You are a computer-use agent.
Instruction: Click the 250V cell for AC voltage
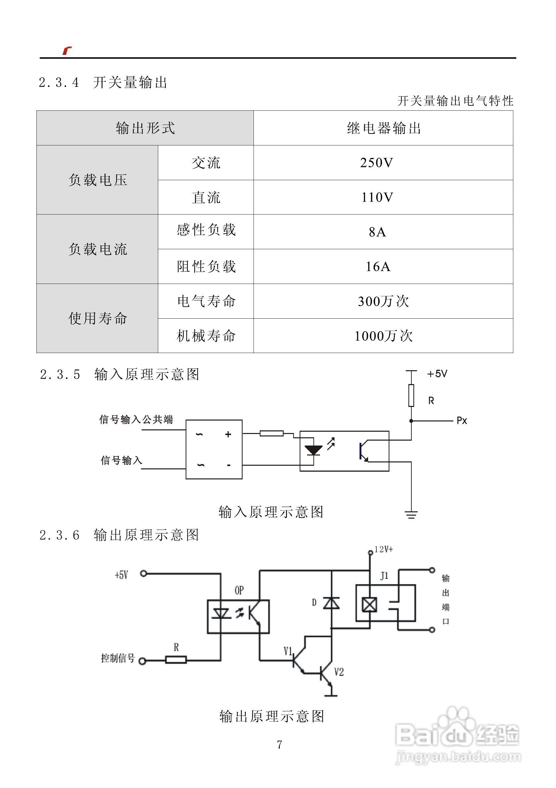point(377,163)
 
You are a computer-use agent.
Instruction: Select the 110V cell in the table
point(377,197)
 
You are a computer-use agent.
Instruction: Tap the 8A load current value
point(377,232)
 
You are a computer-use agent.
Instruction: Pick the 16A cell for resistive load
point(378,267)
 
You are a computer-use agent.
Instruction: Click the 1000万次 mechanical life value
point(383,335)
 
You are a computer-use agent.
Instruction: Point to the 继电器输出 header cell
point(384,128)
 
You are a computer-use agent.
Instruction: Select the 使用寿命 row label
point(98,318)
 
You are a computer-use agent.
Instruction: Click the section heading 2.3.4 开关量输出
point(103,83)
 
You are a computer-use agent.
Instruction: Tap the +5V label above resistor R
point(437,374)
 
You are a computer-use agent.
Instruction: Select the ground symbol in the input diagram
point(411,514)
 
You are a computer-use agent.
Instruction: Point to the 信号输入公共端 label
point(136,419)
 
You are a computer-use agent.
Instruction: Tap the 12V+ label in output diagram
point(384,549)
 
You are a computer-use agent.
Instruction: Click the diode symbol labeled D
point(331,603)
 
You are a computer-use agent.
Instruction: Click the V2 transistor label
point(339,672)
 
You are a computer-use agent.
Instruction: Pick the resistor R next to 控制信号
point(176,660)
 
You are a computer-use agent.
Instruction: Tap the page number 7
point(279,744)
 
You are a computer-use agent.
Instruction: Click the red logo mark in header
point(67,51)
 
